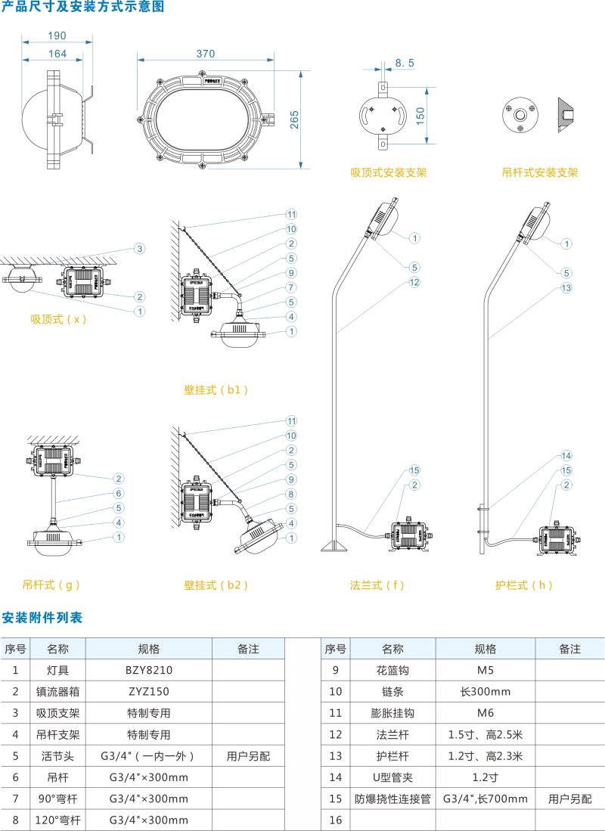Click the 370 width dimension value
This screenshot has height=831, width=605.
[x=206, y=54]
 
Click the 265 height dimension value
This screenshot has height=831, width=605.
[x=294, y=119]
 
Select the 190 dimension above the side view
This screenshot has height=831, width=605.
[x=57, y=36]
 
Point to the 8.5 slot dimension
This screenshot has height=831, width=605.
[x=405, y=64]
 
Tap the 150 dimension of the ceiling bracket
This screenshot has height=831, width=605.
[x=420, y=114]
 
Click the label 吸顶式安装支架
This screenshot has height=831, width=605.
[x=389, y=172]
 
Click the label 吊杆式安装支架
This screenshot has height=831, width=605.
[x=540, y=172]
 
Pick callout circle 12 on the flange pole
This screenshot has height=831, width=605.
[x=414, y=282]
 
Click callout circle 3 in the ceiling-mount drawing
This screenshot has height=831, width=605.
[x=140, y=248]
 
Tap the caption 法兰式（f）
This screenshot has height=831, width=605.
[x=377, y=584]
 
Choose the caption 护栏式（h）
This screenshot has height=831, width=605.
[x=524, y=584]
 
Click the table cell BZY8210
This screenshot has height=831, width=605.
[x=149, y=670]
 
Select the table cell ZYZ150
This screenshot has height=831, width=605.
[x=149, y=691]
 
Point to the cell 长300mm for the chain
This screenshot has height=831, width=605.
[x=485, y=691]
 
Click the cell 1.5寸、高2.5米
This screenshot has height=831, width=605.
[x=485, y=734]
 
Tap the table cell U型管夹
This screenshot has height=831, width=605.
[x=392, y=777]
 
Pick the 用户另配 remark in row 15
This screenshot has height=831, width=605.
[x=569, y=798]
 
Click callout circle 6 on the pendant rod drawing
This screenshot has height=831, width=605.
[x=119, y=493]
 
